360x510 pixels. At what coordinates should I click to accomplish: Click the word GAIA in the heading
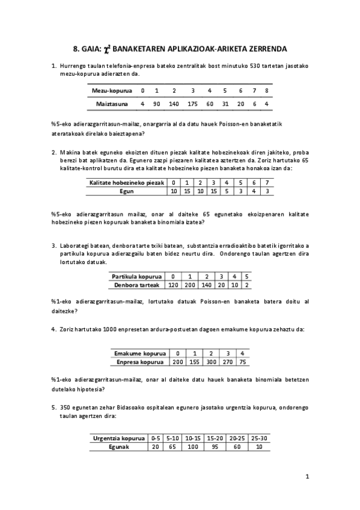pos(91,49)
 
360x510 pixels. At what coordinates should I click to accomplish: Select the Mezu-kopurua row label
pos(112,91)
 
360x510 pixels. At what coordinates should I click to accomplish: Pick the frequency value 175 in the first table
pos(192,104)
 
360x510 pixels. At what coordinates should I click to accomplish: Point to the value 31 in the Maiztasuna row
pos(225,104)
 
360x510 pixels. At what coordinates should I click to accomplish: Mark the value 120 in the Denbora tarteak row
pos(173,284)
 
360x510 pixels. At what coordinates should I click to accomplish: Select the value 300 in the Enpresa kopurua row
pos(212,362)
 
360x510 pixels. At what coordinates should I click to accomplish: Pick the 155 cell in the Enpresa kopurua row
pos(194,362)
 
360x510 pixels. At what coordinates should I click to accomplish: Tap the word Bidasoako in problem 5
pos(144,407)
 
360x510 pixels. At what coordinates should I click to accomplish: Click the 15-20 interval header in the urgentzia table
pos(215,438)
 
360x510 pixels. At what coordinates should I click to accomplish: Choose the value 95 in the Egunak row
pos(215,447)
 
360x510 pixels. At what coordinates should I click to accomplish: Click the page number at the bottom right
pos(307,477)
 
